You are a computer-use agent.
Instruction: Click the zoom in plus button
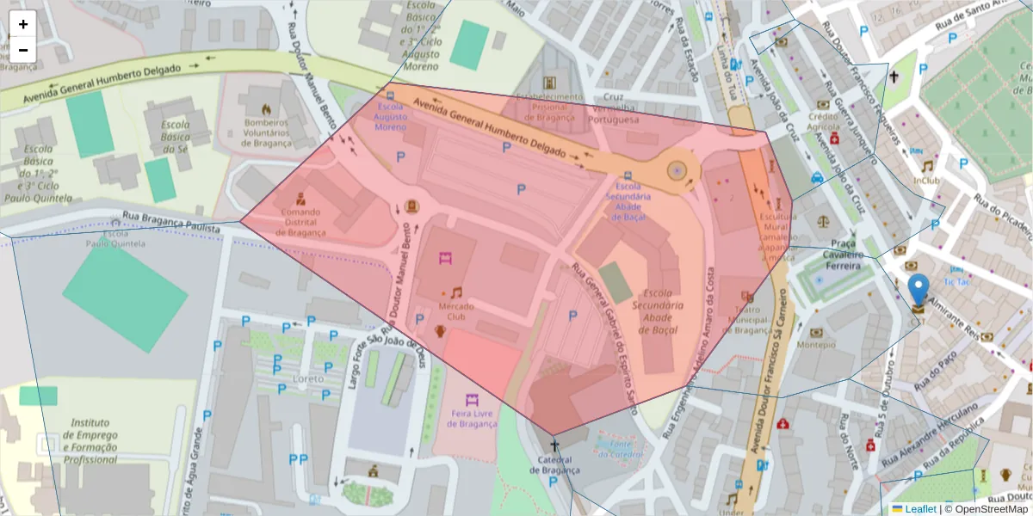pyautogui.click(x=23, y=24)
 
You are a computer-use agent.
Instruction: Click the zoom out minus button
pyautogui.click(x=23, y=49)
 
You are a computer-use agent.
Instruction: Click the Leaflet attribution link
pyautogui.click(x=919, y=509)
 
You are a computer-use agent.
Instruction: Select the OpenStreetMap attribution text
pyautogui.click(x=991, y=509)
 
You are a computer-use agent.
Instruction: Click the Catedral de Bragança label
pyautogui.click(x=554, y=464)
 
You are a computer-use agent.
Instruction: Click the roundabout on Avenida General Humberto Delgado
pyautogui.click(x=677, y=171)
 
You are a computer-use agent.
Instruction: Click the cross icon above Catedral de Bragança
pyautogui.click(x=554, y=445)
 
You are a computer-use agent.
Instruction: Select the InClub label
pyautogui.click(x=926, y=181)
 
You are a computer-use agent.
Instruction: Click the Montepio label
pyautogui.click(x=816, y=344)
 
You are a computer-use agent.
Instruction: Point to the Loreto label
pyautogui.click(x=308, y=378)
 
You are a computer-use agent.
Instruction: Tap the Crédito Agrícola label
pyautogui.click(x=822, y=122)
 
